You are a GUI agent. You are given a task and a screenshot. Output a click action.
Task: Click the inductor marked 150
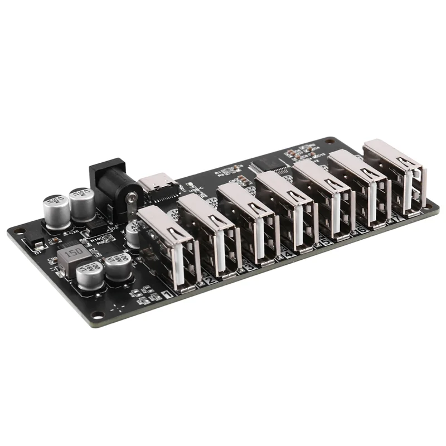click(x=72, y=253)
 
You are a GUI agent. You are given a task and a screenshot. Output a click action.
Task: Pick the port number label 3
click(x=249, y=268)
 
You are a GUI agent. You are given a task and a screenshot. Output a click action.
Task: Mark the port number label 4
click(x=287, y=255)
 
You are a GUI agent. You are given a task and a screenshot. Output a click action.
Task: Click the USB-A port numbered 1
click(x=167, y=245)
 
